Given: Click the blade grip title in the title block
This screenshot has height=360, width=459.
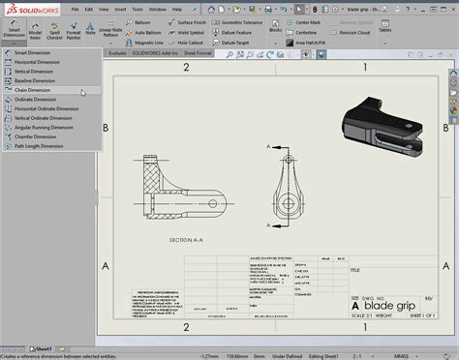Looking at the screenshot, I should tap(388, 279).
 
